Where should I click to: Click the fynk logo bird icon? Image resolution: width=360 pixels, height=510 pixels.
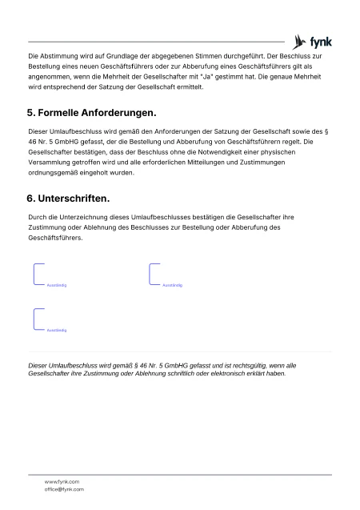click(x=301, y=41)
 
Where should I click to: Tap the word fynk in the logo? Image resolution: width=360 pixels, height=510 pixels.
click(x=321, y=42)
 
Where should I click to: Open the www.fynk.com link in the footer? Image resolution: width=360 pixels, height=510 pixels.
click(x=62, y=481)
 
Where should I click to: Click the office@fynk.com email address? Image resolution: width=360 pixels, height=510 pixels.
click(x=64, y=488)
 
